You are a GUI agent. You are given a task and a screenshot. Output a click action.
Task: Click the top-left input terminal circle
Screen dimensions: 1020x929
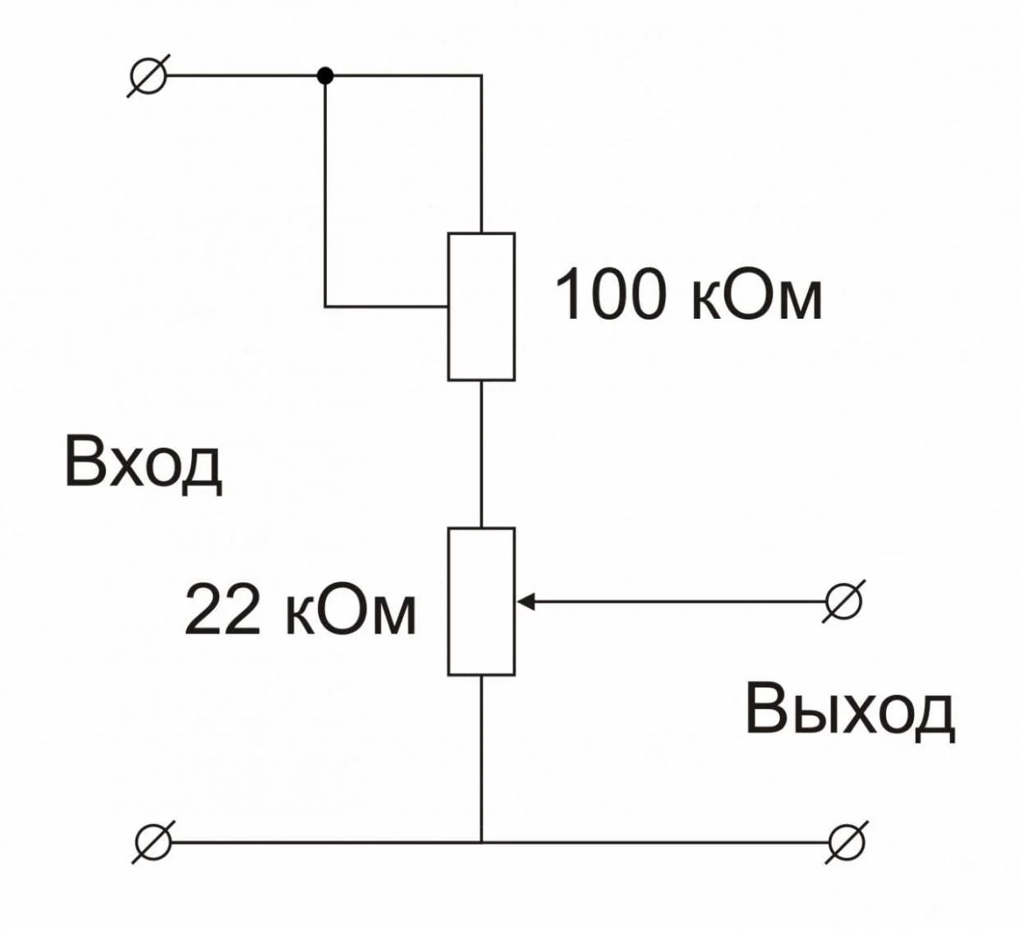148,76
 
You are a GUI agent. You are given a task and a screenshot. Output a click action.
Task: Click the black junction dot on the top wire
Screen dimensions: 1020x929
325,76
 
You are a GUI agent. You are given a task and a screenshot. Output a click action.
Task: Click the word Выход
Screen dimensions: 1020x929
850,712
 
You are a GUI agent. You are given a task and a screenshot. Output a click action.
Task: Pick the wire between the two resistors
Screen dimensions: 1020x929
481,454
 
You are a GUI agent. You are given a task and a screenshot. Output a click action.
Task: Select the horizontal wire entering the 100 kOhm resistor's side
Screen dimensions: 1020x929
387,306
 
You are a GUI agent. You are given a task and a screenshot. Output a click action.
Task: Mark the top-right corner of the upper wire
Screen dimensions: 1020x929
481,76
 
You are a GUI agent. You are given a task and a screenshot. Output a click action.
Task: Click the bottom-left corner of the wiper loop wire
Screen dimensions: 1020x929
325,306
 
